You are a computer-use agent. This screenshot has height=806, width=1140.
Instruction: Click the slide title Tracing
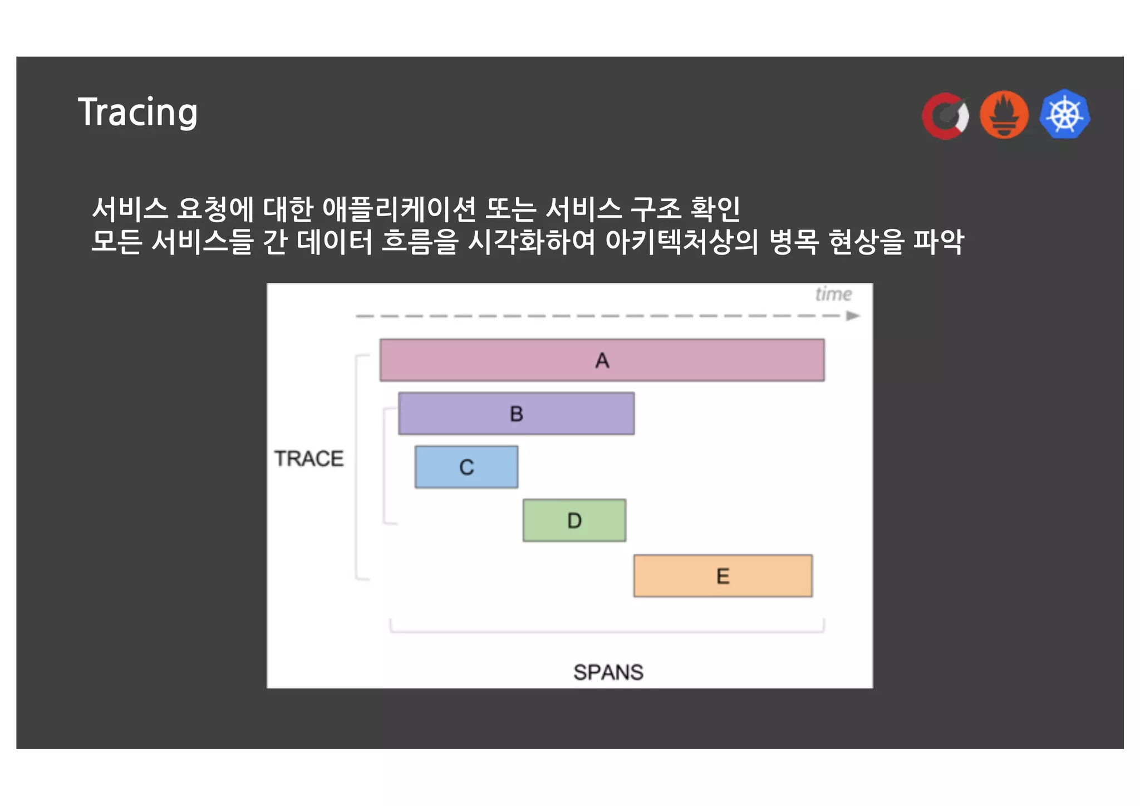[137, 113]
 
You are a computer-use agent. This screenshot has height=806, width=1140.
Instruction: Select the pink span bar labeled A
[602, 360]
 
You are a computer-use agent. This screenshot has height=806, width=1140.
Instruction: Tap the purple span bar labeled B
[516, 414]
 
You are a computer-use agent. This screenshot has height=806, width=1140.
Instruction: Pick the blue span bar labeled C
[466, 467]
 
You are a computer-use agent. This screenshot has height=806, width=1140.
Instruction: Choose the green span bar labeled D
[574, 520]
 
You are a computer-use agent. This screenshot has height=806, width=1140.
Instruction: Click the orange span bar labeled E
[723, 576]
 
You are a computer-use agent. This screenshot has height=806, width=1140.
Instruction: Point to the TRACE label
[309, 458]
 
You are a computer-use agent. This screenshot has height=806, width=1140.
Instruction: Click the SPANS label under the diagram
[608, 672]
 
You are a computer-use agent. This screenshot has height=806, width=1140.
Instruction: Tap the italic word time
[833, 294]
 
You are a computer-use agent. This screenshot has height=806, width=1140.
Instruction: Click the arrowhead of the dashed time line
[852, 316]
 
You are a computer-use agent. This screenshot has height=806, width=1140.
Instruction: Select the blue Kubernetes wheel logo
[1064, 115]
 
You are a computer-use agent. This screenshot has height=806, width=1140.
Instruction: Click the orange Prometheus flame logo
[1004, 115]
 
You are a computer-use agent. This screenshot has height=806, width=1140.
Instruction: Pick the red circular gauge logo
[945, 115]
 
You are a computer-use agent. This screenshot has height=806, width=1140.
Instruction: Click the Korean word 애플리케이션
[399, 209]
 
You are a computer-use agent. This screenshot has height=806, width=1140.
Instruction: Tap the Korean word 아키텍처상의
[681, 242]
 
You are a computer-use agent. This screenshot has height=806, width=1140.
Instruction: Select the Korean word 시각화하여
[531, 242]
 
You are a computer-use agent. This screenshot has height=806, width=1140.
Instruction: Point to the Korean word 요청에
[215, 209]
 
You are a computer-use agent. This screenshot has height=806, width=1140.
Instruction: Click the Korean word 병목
[793, 242]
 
